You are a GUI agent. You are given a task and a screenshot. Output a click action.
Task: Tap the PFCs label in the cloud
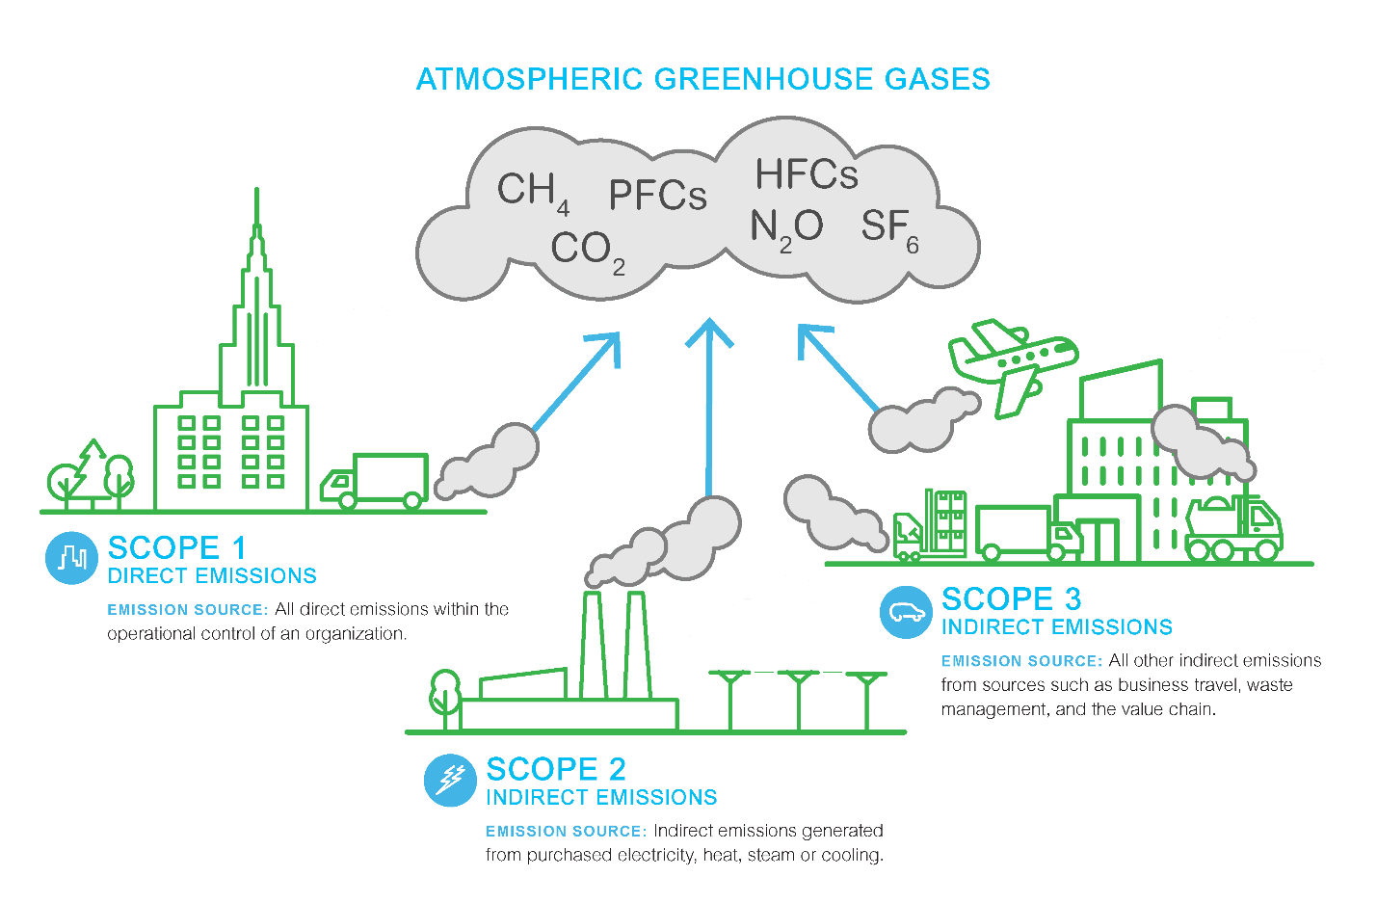click(657, 196)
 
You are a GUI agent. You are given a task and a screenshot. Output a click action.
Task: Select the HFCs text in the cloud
click(806, 174)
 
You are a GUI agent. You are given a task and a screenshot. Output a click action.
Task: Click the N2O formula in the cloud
click(785, 228)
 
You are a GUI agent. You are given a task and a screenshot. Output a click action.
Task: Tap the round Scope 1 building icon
click(71, 557)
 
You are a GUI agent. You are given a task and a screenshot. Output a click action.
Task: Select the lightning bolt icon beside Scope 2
click(450, 780)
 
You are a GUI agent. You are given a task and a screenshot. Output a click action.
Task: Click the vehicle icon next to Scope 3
click(906, 611)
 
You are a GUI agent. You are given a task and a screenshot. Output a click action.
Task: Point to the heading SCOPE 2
click(555, 769)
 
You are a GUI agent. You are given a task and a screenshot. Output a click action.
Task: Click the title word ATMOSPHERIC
click(529, 79)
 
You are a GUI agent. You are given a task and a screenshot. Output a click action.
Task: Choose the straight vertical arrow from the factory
click(709, 405)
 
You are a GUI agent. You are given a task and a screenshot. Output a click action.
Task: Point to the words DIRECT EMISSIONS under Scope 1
click(212, 576)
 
